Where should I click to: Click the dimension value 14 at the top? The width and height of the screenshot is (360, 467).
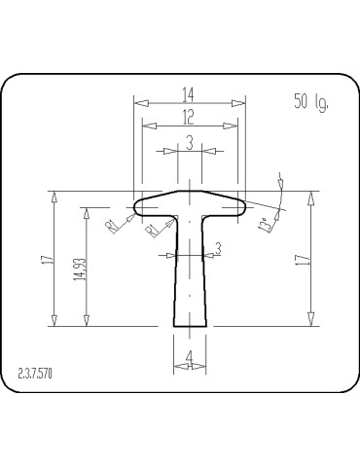point(188,94)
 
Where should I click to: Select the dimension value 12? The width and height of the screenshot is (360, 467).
point(188,117)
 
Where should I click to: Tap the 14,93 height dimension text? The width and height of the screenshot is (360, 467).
point(80,269)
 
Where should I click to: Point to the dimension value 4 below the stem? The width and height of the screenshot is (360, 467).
point(189,357)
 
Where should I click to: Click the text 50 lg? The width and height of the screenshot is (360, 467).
point(311,101)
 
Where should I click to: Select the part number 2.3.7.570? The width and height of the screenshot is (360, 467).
point(35,374)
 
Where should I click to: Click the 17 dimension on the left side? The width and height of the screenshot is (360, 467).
point(48,260)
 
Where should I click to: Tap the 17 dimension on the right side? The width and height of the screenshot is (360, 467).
point(303,260)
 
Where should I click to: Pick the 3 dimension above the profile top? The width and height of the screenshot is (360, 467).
point(190,143)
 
